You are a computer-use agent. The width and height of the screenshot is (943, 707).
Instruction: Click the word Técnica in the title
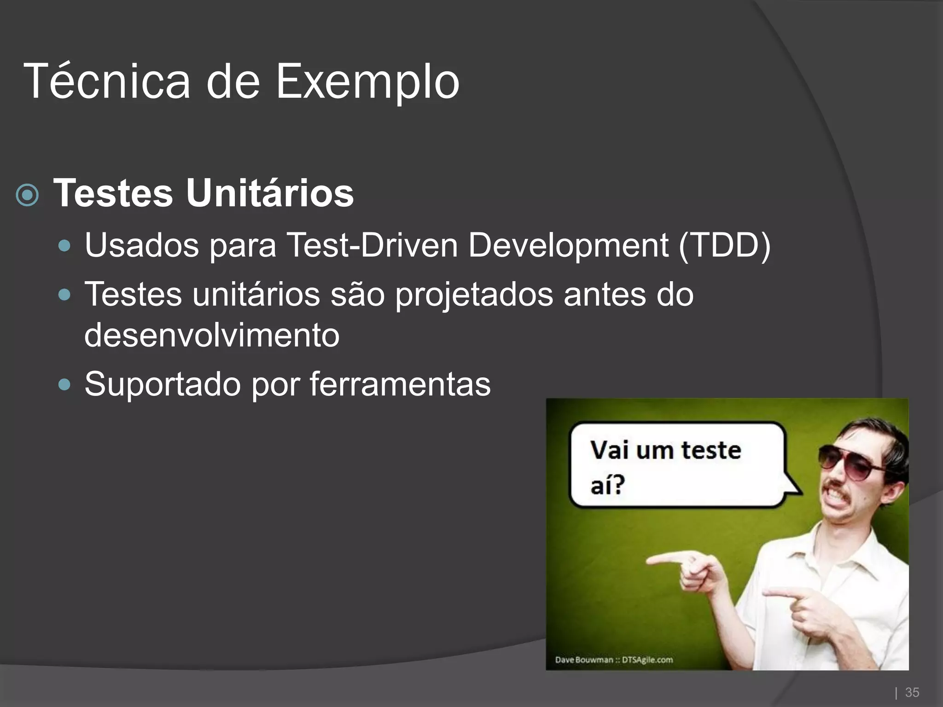tap(107, 82)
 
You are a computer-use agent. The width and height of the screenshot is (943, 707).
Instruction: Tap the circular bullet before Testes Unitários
tap(27, 195)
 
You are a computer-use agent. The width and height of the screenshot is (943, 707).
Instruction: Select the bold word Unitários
tap(270, 193)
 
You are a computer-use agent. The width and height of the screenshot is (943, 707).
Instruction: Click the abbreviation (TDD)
tap(724, 245)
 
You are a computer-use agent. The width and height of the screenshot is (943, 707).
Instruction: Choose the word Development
tap(568, 246)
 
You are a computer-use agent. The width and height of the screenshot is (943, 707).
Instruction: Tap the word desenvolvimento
tap(212, 335)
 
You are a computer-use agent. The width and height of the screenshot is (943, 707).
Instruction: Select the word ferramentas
tap(400, 384)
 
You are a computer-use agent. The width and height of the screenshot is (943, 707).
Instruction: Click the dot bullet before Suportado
tap(65, 384)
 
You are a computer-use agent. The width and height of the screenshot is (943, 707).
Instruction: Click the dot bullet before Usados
tap(65, 245)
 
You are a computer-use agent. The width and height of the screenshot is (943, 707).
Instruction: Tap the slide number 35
tap(912, 692)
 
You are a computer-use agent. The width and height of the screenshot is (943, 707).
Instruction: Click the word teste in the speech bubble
tap(711, 450)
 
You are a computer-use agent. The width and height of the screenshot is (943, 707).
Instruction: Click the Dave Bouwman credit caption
tap(614, 660)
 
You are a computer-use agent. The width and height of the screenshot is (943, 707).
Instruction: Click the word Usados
tap(142, 245)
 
